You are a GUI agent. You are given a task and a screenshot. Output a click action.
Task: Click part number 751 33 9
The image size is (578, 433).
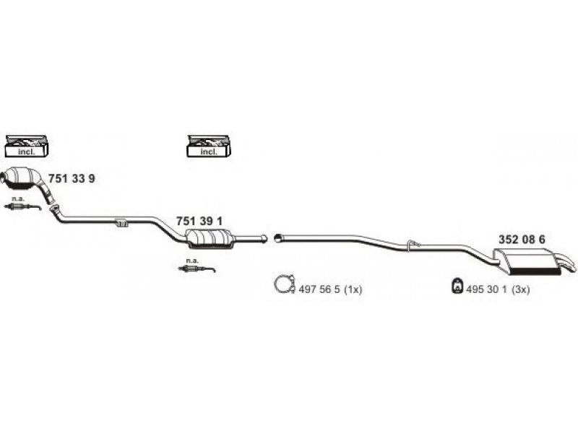(72, 178)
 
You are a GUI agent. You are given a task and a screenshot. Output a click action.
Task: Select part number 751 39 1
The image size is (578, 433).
(199, 222)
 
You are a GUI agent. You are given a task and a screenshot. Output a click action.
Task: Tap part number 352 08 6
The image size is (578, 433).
(522, 240)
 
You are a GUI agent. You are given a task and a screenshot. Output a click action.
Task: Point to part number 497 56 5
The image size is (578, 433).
(319, 289)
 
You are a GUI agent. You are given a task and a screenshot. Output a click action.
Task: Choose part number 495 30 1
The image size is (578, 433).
(486, 289)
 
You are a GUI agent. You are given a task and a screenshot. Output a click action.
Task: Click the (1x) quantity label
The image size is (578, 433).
(353, 289)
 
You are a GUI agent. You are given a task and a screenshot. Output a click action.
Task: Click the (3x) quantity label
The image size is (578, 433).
(520, 289)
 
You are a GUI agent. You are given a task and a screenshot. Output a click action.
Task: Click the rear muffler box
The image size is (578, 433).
(527, 261)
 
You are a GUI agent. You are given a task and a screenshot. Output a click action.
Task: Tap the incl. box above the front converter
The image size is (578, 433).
(27, 146)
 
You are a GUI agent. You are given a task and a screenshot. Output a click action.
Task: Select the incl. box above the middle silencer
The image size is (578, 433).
(209, 146)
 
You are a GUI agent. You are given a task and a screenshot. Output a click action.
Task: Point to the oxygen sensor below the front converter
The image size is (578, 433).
(22, 206)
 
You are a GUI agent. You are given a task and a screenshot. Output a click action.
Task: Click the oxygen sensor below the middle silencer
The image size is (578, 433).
(197, 268)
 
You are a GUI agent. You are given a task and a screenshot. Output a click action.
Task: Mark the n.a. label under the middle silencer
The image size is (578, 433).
(192, 261)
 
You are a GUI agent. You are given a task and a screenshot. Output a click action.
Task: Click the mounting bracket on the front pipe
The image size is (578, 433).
(121, 222)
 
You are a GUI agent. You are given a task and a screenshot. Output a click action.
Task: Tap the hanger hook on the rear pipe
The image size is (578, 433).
(413, 244)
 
